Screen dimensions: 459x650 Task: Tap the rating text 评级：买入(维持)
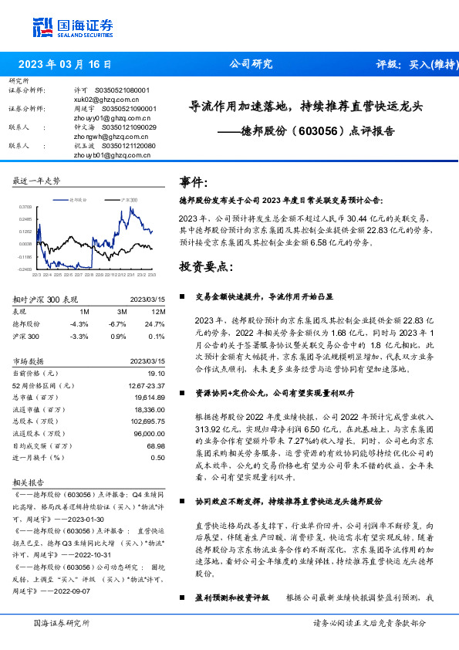pos(413,64)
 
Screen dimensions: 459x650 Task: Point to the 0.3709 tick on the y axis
pos(25,207)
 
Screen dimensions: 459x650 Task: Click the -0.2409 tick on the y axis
pos(25,269)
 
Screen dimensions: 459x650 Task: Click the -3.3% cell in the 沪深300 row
pos(79,337)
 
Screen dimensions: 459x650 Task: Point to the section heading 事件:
pos(194,183)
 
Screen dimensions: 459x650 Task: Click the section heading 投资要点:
pos(204,266)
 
